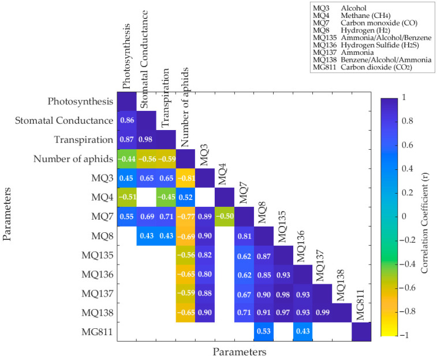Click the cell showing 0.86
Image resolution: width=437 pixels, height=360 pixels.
(x=126, y=121)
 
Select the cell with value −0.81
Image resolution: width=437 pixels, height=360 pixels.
(x=185, y=178)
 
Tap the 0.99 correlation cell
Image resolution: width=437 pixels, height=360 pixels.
(x=323, y=313)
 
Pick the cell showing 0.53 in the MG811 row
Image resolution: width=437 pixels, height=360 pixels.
(x=264, y=332)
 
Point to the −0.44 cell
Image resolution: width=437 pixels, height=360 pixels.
(x=126, y=159)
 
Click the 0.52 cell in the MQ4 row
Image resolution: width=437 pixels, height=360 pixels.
(x=185, y=197)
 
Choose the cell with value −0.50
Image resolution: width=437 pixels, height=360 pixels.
(x=225, y=216)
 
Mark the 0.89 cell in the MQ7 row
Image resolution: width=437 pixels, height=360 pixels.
(x=205, y=216)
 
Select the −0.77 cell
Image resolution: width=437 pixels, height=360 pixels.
(x=185, y=216)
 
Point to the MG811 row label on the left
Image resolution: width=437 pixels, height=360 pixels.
(x=96, y=332)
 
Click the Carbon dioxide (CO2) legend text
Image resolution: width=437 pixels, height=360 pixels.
(x=373, y=68)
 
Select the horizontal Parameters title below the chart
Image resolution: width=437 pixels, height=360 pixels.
(x=239, y=351)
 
